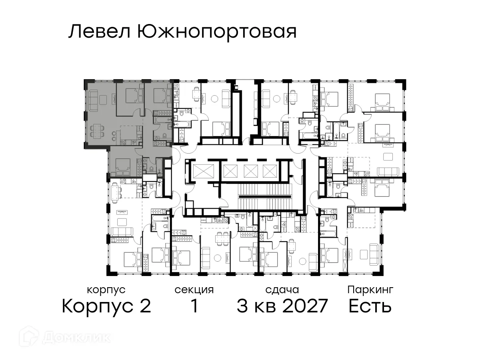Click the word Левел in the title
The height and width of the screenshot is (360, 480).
click(100, 32)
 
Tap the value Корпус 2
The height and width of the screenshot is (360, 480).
click(106, 306)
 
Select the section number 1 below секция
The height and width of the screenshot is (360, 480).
click(194, 306)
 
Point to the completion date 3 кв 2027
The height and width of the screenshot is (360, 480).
click(282, 306)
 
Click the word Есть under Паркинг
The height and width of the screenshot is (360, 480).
click(370, 306)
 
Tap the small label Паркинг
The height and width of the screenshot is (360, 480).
click(370, 289)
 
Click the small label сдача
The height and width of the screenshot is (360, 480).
click(282, 290)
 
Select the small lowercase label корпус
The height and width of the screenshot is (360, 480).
click(106, 290)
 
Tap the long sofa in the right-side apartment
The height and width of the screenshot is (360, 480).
click(388, 172)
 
